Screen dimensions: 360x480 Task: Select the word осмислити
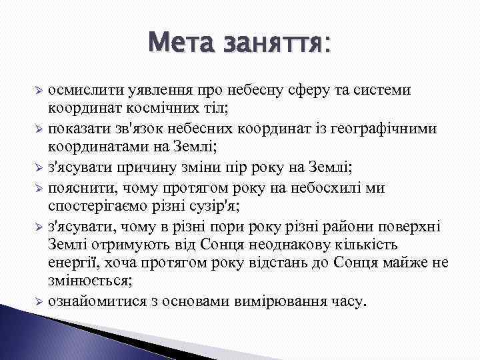[85, 89]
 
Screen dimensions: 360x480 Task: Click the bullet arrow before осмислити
[39, 90]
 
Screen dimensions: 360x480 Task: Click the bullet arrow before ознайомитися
[39, 301]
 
